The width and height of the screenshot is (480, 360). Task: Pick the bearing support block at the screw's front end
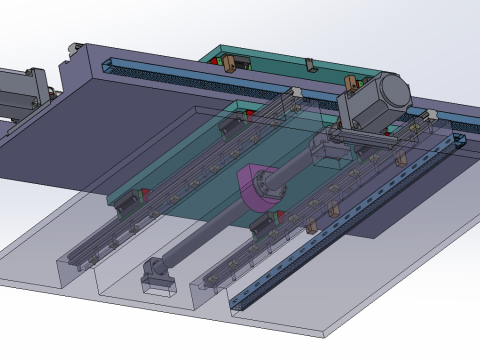156,272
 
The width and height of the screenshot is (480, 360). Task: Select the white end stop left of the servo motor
297,96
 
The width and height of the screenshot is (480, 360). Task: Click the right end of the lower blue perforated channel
458,141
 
